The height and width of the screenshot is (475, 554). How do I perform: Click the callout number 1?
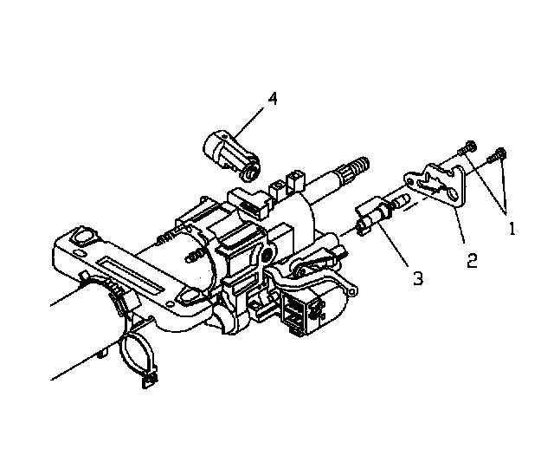[x=512, y=229]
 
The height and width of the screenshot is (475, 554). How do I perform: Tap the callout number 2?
[x=472, y=260]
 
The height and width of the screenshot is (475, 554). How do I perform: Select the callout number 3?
[x=418, y=278]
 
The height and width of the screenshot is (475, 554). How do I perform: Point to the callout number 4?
[x=273, y=98]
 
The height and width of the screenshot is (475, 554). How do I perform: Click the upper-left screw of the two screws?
[x=467, y=147]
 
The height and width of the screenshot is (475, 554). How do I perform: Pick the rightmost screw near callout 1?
[x=497, y=155]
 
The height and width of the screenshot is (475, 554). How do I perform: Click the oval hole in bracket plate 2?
[x=453, y=193]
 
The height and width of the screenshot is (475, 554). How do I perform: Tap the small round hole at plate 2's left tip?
[x=409, y=181]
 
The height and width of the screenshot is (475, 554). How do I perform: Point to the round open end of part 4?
[x=250, y=173]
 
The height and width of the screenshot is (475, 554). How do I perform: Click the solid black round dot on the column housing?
[x=268, y=253]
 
